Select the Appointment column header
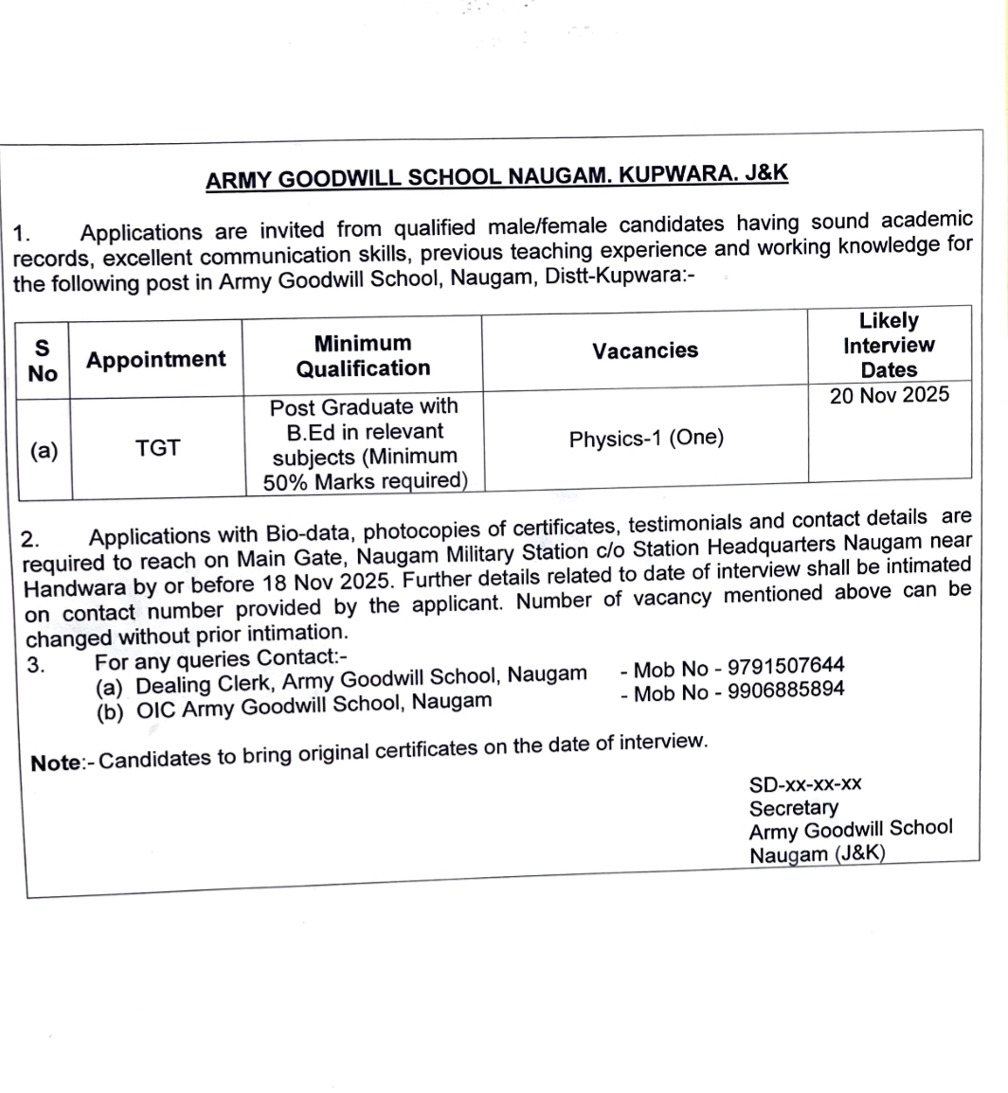(156, 360)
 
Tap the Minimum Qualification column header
(363, 355)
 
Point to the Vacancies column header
(645, 350)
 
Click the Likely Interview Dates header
(889, 345)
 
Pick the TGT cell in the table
(157, 449)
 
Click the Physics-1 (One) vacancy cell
(646, 439)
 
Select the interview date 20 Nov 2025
(889, 395)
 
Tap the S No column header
(43, 361)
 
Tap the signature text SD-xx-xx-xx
(805, 784)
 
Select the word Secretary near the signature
(793, 808)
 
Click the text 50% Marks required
(366, 481)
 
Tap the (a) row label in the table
(43, 451)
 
